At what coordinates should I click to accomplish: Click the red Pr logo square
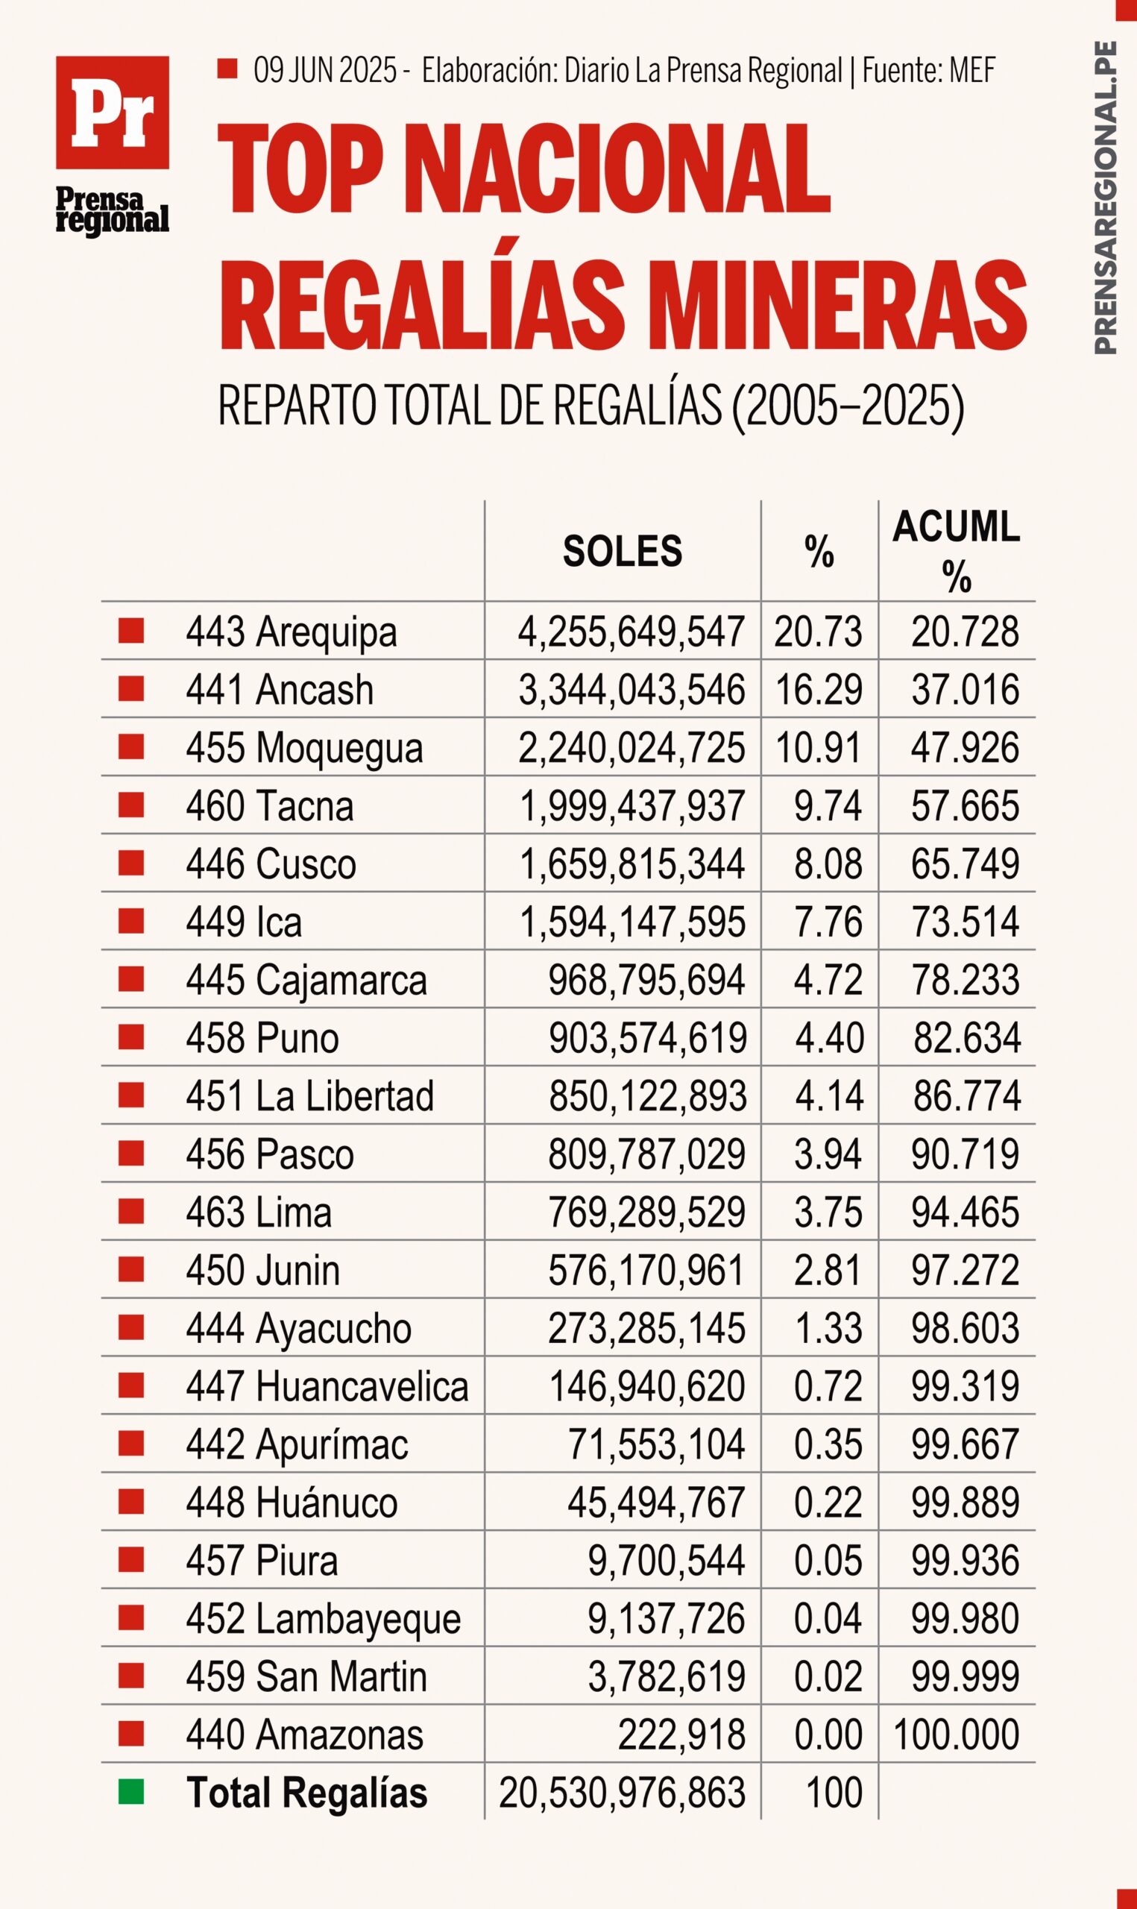(112, 112)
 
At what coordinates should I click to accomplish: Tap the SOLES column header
(622, 552)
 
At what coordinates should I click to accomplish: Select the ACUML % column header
(956, 551)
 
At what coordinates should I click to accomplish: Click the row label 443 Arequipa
(291, 633)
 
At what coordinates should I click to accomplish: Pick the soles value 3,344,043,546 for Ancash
(632, 690)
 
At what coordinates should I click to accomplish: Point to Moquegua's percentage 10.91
(819, 748)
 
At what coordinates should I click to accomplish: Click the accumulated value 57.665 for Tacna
(965, 806)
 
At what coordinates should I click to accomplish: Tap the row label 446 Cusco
(271, 864)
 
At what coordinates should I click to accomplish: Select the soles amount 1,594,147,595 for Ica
(632, 922)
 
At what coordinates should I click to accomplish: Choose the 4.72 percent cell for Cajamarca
(828, 980)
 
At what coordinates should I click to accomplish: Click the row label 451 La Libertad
(309, 1095)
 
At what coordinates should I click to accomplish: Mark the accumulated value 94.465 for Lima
(965, 1212)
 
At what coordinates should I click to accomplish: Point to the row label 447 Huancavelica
(327, 1386)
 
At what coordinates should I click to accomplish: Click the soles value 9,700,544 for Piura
(667, 1561)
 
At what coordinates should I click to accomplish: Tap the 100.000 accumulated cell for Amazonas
(956, 1735)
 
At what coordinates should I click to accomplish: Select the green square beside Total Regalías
(131, 1793)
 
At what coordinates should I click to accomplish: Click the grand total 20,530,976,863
(622, 1793)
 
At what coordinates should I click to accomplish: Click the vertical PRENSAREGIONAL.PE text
(1104, 198)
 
